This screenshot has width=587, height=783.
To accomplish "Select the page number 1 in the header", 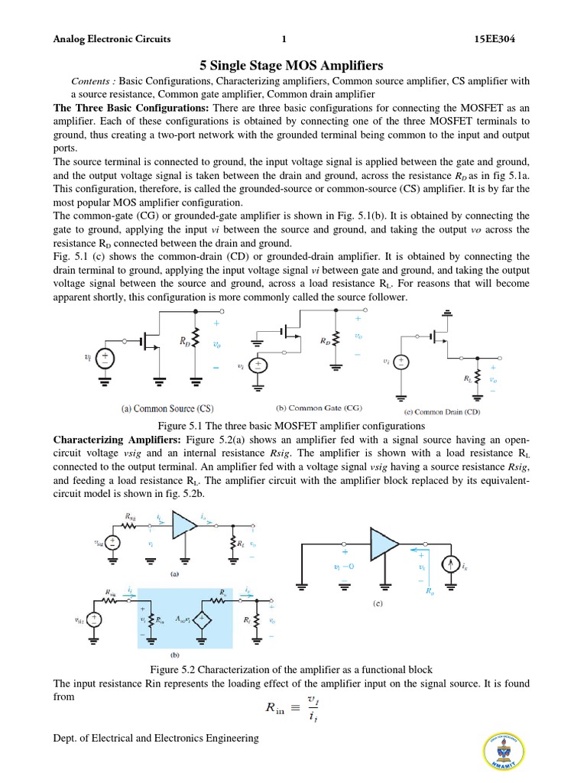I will pyautogui.click(x=284, y=39).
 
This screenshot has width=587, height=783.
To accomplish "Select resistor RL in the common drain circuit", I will pyautogui.click(x=478, y=377).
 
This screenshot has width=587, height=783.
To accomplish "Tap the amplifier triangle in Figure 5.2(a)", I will pyautogui.click(x=183, y=526).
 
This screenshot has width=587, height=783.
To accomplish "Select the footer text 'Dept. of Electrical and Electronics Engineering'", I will pyautogui.click(x=156, y=738).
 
